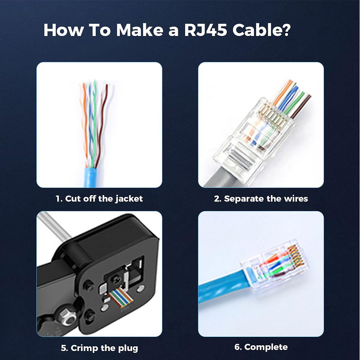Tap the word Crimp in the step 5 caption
point(87,348)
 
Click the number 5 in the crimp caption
point(64,348)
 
